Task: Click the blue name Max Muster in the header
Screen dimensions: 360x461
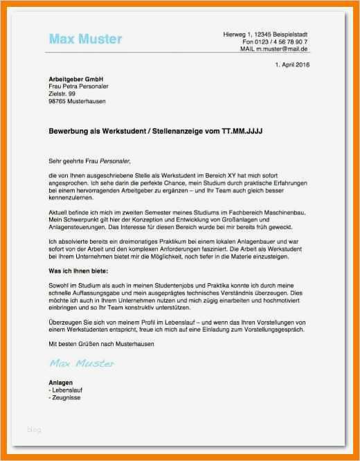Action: [x=85, y=39]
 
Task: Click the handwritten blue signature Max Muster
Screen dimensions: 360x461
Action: [x=82, y=363]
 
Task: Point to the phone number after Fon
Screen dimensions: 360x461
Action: [x=285, y=42]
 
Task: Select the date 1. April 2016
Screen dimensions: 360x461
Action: [x=292, y=64]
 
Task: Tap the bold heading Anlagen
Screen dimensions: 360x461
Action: [x=61, y=383]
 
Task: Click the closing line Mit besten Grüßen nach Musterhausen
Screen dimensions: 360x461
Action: [x=102, y=343]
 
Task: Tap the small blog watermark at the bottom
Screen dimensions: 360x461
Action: [x=34, y=429]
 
